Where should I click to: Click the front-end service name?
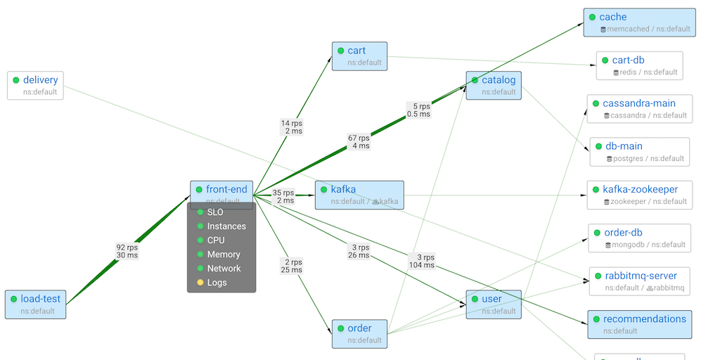pyautogui.click(x=226, y=189)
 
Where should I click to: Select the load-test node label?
pyautogui.click(x=40, y=299)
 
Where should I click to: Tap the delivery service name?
pyautogui.click(x=40, y=80)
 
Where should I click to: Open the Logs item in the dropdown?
pyautogui.click(x=217, y=283)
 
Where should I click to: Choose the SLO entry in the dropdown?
pyautogui.click(x=215, y=212)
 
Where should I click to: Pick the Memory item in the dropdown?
pyautogui.click(x=224, y=255)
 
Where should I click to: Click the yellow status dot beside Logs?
pyautogui.click(x=200, y=283)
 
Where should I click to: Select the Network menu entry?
pyautogui.click(x=224, y=269)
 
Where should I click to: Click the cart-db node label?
pyautogui.click(x=628, y=60)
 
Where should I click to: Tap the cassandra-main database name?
pyautogui.click(x=639, y=103)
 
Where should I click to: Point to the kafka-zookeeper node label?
pyautogui.click(x=640, y=189)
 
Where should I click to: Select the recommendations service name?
pyautogui.click(x=644, y=319)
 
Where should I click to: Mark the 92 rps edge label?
pyautogui.click(x=127, y=251)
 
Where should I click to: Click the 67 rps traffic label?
pyautogui.click(x=359, y=142)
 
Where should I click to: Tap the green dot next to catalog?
pyautogui.click(x=475, y=80)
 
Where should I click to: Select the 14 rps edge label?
pyautogui.click(x=292, y=127)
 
